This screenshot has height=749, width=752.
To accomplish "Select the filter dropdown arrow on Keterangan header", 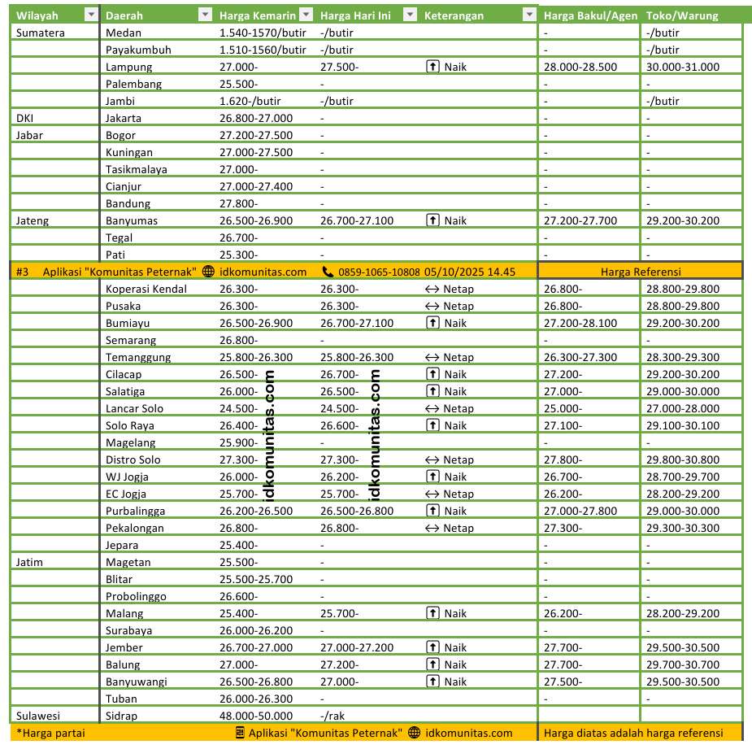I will click(x=529, y=15).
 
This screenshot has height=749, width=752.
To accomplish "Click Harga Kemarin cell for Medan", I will click(x=263, y=33).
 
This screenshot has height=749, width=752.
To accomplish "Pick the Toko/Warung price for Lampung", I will click(x=682, y=67).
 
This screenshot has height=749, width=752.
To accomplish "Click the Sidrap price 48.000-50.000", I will click(x=256, y=716).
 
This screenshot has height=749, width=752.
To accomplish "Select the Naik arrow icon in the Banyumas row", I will click(x=433, y=220).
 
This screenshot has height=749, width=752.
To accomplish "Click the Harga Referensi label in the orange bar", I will click(x=641, y=272).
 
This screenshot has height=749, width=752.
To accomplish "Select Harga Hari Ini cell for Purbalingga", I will click(x=357, y=511).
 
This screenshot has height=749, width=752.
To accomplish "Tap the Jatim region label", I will click(x=29, y=562).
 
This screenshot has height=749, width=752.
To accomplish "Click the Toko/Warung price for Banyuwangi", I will click(x=682, y=682).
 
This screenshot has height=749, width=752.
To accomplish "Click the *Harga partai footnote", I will click(x=50, y=733).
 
